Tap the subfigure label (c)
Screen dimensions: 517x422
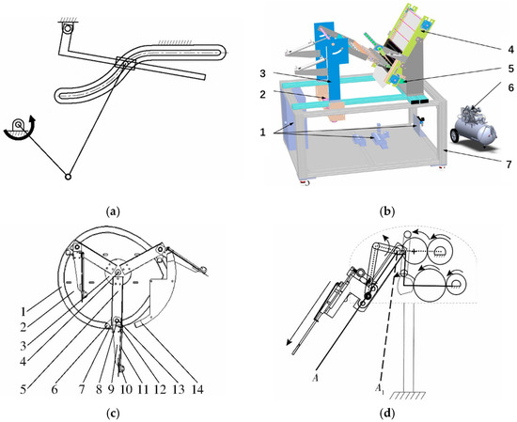(x=113, y=413)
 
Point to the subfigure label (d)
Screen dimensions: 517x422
(x=386, y=413)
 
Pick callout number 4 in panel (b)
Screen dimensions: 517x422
(x=510, y=50)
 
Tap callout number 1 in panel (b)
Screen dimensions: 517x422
(x=262, y=133)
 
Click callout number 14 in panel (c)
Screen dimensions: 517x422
(x=196, y=389)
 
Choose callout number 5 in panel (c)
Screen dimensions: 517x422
(x=23, y=389)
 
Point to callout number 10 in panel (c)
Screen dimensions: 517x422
(x=126, y=389)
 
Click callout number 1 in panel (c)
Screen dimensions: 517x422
(x=23, y=310)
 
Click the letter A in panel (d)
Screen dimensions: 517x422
(x=315, y=379)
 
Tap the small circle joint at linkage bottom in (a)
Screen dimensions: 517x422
(x=68, y=177)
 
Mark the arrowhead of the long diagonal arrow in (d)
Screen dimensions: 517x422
(x=289, y=342)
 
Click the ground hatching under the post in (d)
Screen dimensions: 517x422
(x=408, y=395)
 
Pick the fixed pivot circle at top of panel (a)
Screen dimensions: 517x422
(x=68, y=28)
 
